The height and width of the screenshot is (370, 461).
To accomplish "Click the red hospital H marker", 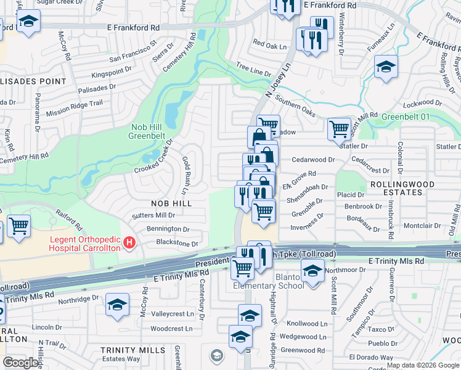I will tap(129, 243).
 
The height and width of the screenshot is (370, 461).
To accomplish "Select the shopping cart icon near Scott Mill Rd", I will tap(338, 129).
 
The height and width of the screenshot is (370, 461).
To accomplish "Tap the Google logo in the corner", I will tap(20, 362).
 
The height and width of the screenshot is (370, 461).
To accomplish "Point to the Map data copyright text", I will tap(423, 365).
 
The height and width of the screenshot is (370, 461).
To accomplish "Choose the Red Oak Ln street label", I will tap(270, 46).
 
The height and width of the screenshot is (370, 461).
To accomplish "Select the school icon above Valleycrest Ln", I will tap(116, 306).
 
